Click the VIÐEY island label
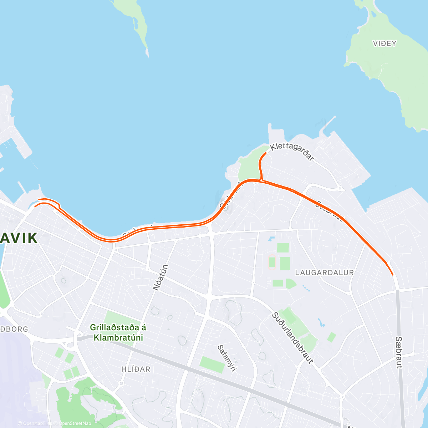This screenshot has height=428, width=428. pyautogui.click(x=384, y=44)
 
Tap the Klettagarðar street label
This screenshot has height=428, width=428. pyautogui.click(x=292, y=152)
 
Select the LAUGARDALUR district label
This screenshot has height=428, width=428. pyautogui.click(x=325, y=272)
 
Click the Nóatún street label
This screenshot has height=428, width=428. pyautogui.click(x=160, y=277)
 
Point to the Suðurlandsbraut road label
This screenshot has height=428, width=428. pyautogui.click(x=292, y=338)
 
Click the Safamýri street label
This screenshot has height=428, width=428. pyautogui.click(x=227, y=358)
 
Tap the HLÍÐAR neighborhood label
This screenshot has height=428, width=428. pyautogui.click(x=136, y=369)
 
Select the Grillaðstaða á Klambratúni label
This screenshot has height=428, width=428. pyautogui.click(x=118, y=332)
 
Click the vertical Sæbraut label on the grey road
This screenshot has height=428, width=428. pyautogui.click(x=399, y=352)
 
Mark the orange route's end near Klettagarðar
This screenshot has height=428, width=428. pyautogui.click(x=266, y=153)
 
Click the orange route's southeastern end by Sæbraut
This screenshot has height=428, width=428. pyautogui.click(x=393, y=275)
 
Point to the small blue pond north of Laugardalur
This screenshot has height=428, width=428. pyautogui.click(x=272, y=238)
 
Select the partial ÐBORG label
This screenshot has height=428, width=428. pyautogui.click(x=14, y=329)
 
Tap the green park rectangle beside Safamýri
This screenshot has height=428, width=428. pyautogui.click(x=212, y=364)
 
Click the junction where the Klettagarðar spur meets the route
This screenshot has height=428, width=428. pyautogui.click(x=262, y=180)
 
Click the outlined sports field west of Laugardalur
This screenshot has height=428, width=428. pyautogui.click(x=272, y=263)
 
